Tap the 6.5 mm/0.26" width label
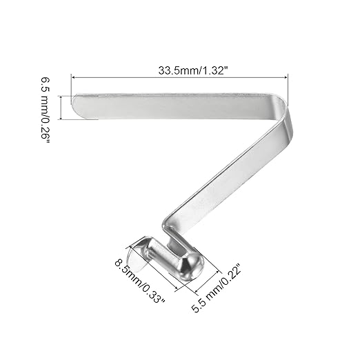pyautogui.click(x=46, y=108)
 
